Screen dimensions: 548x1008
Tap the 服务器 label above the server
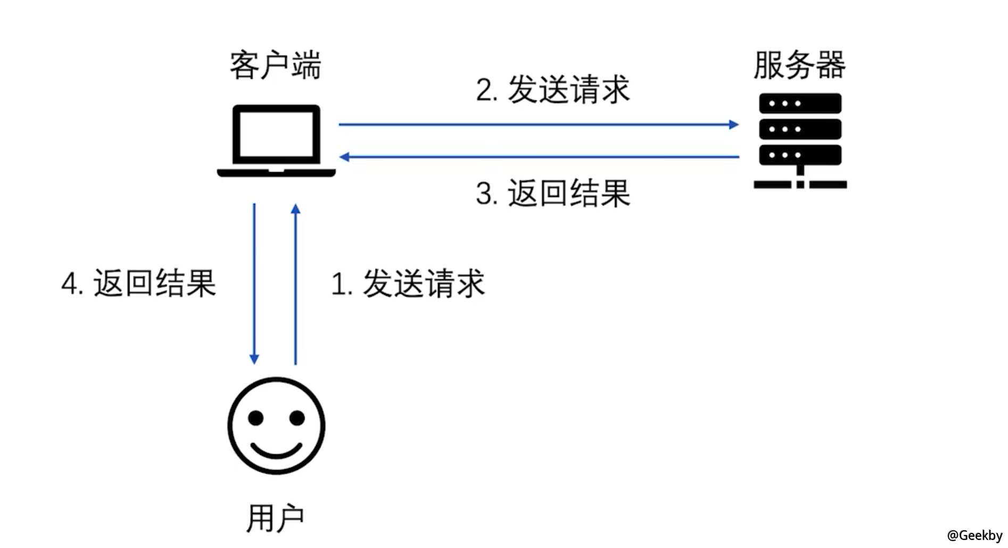pos(799,65)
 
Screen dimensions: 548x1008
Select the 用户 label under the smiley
pos(275,518)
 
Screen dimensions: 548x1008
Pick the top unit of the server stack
pos(800,103)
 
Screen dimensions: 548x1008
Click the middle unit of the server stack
pos(800,129)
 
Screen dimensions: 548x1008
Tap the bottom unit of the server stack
pos(800,155)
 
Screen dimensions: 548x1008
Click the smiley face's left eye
pos(256,418)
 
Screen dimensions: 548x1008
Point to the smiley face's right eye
pos(297,418)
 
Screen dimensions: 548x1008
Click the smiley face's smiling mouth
pos(276,451)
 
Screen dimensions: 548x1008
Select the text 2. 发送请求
pos(552,89)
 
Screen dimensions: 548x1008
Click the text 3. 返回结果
pos(552,193)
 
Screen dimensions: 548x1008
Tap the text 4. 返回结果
pos(138,283)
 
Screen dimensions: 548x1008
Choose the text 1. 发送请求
pos(408,283)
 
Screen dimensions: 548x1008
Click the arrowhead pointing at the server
pos(734,124)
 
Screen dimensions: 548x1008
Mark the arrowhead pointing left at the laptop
pos(344,157)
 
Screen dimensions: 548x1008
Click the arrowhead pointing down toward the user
pos(254,359)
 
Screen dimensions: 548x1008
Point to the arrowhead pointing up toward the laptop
pos(296,209)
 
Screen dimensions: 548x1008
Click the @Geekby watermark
pos(974,535)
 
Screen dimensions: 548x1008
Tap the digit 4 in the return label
pos(69,284)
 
